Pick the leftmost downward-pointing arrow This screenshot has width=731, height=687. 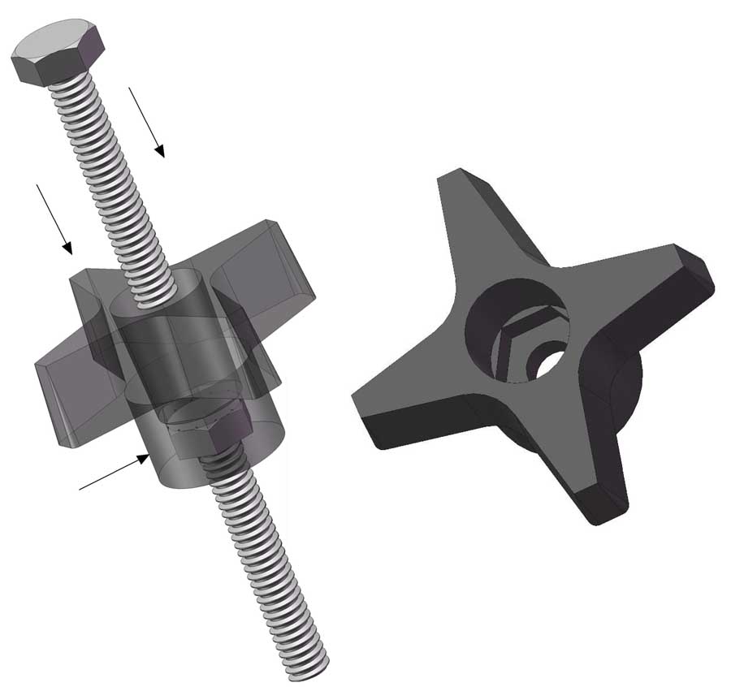tap(54, 218)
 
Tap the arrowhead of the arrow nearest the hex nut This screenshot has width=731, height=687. tap(145, 459)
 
